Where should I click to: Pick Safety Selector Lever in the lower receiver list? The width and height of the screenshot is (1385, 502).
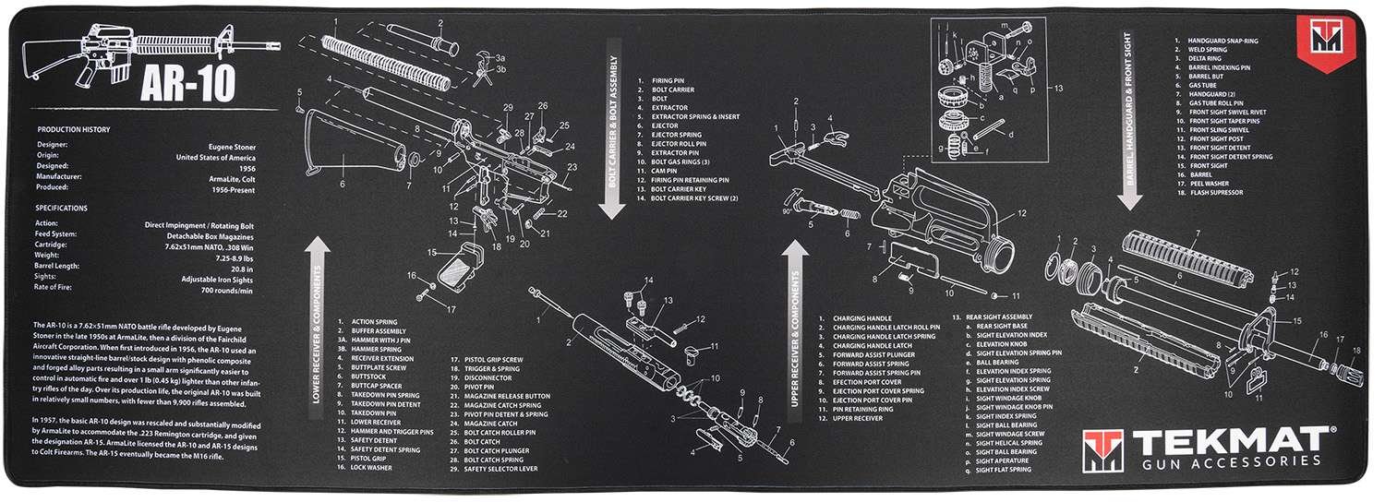pos(506,469)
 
